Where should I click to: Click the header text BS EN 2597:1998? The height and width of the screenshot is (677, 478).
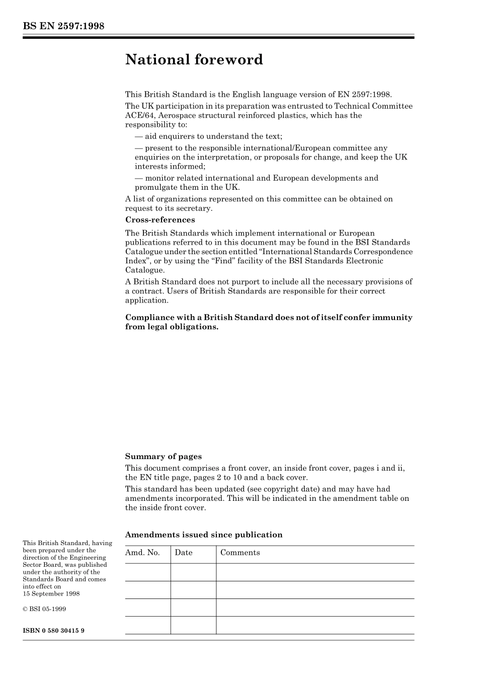63,26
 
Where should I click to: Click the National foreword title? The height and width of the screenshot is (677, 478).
194,59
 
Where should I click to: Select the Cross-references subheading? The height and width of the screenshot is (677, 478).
160,220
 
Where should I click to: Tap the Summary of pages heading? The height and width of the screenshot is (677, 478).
163,457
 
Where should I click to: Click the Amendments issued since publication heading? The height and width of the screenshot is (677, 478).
203,535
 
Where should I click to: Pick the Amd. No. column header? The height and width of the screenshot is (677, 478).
142,553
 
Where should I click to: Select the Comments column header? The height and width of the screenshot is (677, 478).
240,553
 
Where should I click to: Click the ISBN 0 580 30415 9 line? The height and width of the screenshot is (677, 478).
53,630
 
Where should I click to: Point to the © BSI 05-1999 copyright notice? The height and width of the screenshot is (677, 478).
44,609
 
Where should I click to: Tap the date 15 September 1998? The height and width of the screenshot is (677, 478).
51,594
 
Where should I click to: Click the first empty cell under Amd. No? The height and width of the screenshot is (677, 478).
147,572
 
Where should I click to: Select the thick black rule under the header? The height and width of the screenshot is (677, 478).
218,38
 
